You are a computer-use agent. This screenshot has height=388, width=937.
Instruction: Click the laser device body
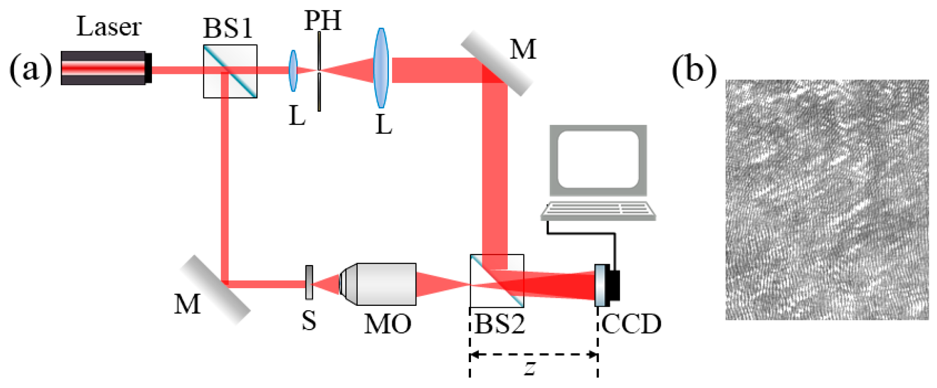[x=103, y=68]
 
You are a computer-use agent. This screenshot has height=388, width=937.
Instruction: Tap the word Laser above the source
[x=109, y=26]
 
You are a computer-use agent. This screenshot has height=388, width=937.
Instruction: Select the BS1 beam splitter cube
[x=230, y=71]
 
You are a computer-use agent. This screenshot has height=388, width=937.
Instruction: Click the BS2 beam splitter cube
[x=497, y=280]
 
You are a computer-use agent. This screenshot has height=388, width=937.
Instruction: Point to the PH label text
[x=323, y=21]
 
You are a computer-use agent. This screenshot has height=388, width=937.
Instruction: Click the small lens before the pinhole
[x=293, y=71]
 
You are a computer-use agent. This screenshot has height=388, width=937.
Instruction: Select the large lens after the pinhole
[x=381, y=68]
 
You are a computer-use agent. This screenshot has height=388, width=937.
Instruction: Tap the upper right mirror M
[x=496, y=64]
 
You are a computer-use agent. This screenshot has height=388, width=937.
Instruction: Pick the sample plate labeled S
[x=309, y=282]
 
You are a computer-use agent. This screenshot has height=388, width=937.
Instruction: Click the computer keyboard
[x=598, y=210]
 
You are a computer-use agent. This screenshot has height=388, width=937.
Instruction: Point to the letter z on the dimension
[x=530, y=368]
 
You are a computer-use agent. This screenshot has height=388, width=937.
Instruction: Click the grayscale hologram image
[x=827, y=200]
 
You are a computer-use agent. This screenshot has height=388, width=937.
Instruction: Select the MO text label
[x=388, y=324]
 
